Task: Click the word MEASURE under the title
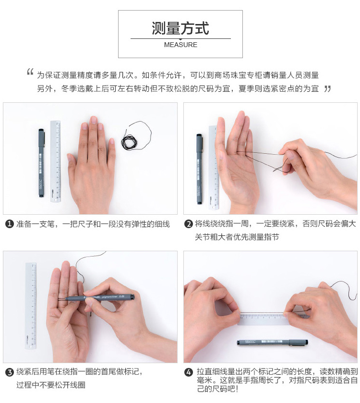[x=180, y=45]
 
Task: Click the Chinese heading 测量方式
[x=180, y=28]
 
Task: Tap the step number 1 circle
[x=10, y=224]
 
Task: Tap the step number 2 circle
[x=189, y=224]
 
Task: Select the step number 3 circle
[x=10, y=372]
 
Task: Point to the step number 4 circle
[x=189, y=372]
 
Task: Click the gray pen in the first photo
[x=41, y=163]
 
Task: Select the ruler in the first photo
[x=56, y=161]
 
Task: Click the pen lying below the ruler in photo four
[x=272, y=342]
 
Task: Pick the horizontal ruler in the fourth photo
[x=264, y=318]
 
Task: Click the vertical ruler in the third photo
[x=31, y=305]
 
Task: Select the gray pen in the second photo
[x=200, y=169]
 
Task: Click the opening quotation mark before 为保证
[x=30, y=72]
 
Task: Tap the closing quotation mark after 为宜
[x=327, y=89]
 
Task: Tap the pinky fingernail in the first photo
[x=112, y=141]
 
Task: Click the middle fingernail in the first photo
[x=94, y=120]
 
